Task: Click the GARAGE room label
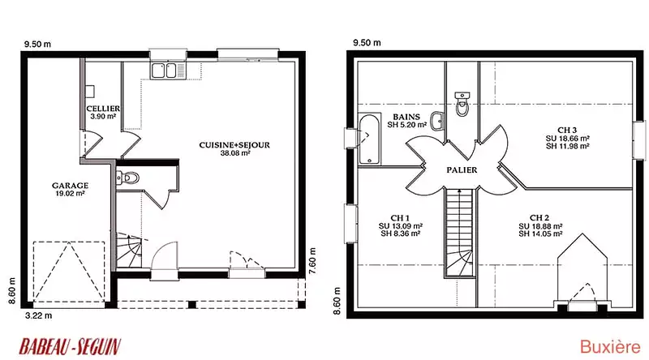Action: [x=70, y=186]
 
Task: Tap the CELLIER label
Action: [x=103, y=109]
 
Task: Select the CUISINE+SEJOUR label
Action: [x=234, y=145]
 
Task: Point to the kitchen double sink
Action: [x=165, y=71]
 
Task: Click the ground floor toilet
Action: [x=128, y=178]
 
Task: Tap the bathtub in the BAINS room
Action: [x=369, y=139]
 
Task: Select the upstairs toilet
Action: [x=462, y=104]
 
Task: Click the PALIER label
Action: [x=462, y=169]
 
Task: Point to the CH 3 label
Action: [x=567, y=131]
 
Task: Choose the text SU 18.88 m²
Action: [x=540, y=226]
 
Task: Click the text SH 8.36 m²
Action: [x=400, y=234]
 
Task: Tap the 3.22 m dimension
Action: [x=38, y=315]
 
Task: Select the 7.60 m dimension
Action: [x=313, y=261]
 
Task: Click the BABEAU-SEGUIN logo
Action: [x=70, y=346]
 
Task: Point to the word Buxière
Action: [x=610, y=347]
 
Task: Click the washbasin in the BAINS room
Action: [x=437, y=122]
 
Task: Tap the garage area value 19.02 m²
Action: [x=70, y=193]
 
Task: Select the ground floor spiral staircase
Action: [x=129, y=251]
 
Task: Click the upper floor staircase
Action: [x=459, y=232]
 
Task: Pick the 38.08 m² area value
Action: [x=235, y=153]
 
